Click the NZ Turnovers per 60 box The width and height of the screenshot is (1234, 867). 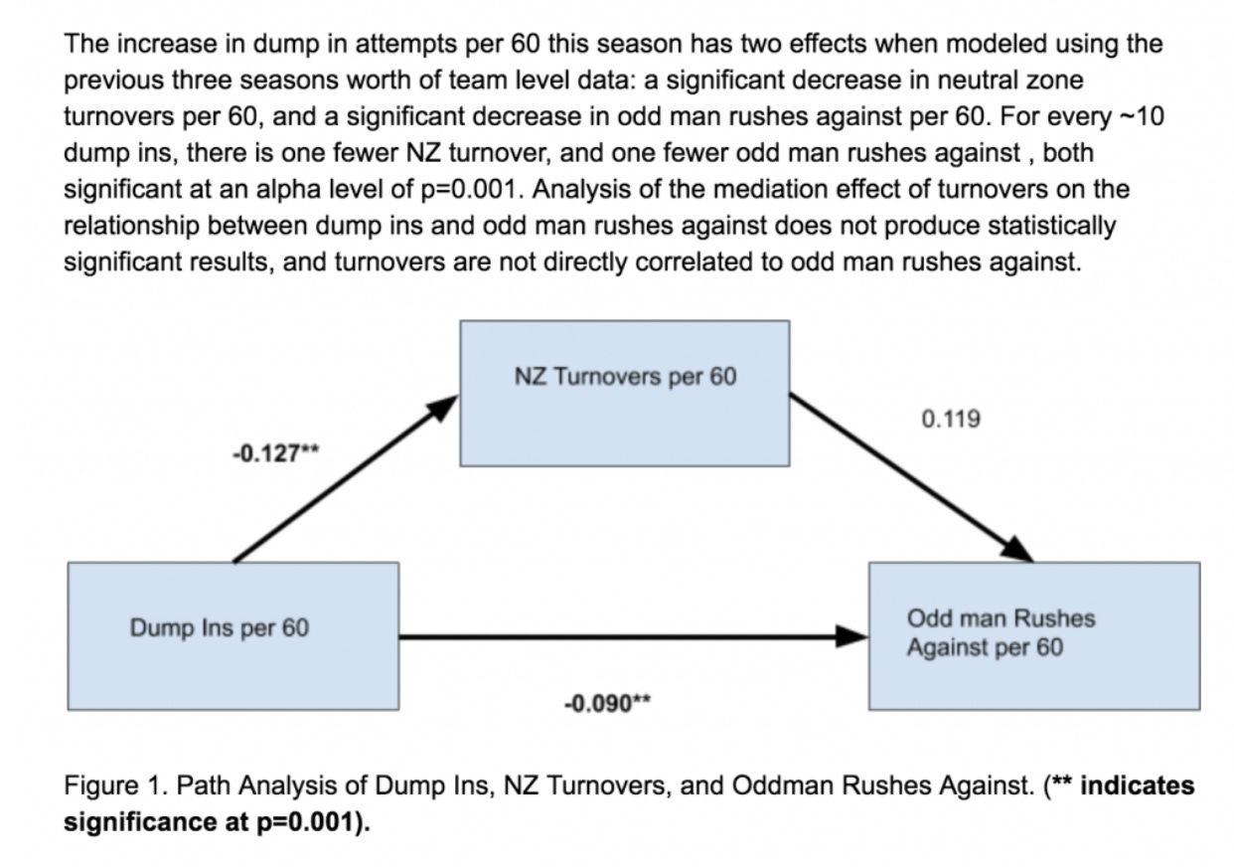click(x=625, y=393)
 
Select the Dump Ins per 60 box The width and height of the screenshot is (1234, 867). click(x=232, y=635)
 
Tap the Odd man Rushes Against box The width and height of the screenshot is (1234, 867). click(x=1033, y=635)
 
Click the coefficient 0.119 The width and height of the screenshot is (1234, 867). click(x=951, y=419)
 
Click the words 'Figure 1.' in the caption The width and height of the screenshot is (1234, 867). click(x=105, y=785)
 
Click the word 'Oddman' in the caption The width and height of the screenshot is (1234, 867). click(x=775, y=785)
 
